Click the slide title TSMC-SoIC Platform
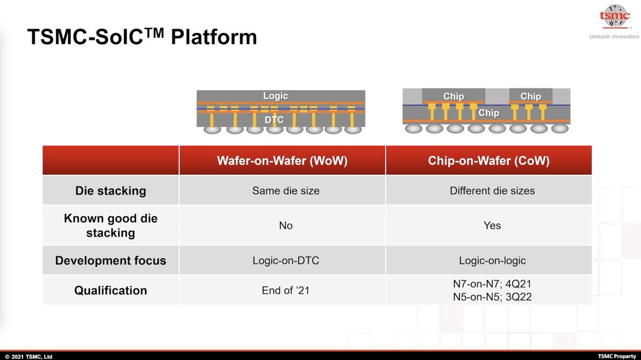142,37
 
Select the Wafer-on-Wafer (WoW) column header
282,161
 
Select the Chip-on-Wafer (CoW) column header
488,161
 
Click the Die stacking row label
111,191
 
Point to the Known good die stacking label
111,225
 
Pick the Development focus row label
111,261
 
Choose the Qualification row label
111,291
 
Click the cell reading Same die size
286,191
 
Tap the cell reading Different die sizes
492,191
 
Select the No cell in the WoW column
286,225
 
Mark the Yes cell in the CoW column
492,225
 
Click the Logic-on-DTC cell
286,261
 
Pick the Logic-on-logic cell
492,261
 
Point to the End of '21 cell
286,291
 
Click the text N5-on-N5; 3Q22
492,296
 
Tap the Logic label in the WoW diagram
275,96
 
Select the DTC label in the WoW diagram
274,120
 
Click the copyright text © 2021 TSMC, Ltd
29,356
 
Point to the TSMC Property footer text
617,356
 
